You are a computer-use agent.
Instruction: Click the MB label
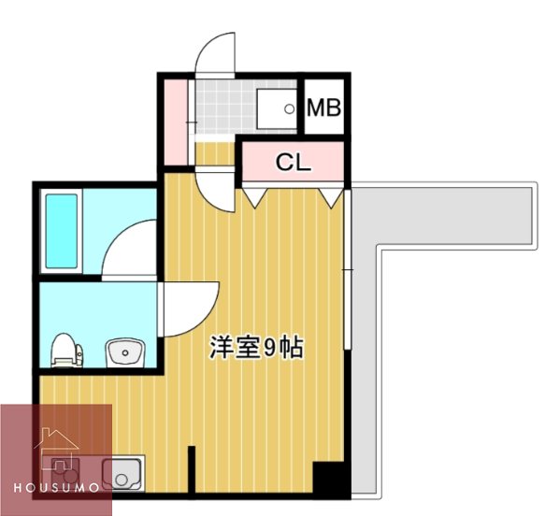pyautogui.click(x=323, y=107)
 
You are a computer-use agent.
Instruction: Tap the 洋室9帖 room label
pyautogui.click(x=256, y=348)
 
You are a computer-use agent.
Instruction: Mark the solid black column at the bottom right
pyautogui.click(x=330, y=479)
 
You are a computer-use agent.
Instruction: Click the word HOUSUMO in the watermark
pyautogui.click(x=57, y=488)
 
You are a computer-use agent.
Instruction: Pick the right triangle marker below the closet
pyautogui.click(x=331, y=197)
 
